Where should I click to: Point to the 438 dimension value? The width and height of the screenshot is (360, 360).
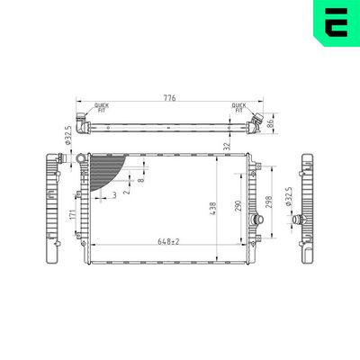212,207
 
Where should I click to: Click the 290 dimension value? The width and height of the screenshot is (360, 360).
238,207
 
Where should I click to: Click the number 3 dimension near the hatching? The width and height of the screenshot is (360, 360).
113,194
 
